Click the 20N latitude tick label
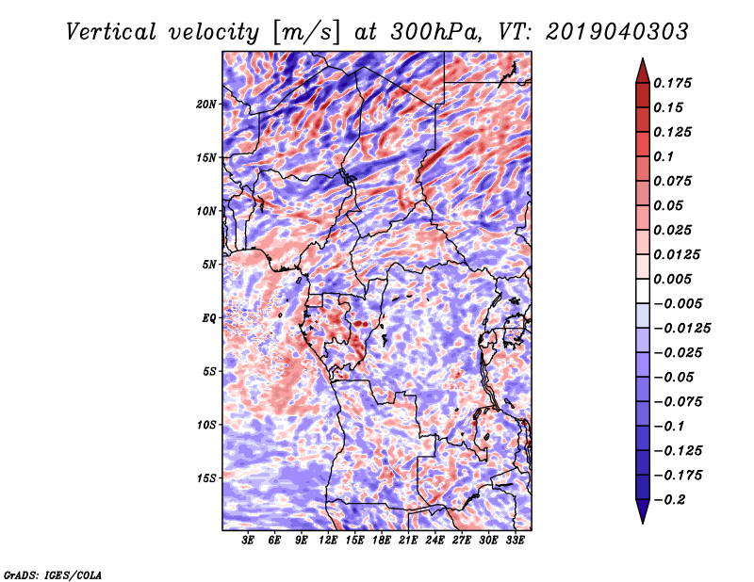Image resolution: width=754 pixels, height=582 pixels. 206,104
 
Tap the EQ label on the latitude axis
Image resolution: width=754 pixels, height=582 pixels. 209,317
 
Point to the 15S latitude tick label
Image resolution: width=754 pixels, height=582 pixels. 206,478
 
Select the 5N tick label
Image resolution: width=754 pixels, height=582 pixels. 209,265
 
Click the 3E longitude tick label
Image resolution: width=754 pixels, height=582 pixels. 248,541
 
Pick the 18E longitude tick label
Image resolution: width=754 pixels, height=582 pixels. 382,541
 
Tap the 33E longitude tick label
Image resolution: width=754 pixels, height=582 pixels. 515,541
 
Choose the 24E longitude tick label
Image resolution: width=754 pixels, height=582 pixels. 434,541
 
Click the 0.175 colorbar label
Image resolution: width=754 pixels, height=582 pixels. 672,83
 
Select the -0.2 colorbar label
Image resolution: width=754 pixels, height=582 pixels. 669,500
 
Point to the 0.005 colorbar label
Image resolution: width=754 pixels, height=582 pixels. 672,279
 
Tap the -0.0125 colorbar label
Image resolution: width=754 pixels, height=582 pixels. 681,329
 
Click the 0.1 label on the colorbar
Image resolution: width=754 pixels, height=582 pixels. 664,156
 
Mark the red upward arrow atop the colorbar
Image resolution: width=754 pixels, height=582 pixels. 643,71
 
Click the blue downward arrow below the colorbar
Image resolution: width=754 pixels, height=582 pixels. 643,511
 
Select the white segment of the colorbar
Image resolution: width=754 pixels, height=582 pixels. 643,291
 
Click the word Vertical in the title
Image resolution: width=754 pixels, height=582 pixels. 111,32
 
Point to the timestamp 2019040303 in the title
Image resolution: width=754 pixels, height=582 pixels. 617,32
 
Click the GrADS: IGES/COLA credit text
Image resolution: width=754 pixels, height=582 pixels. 53,574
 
